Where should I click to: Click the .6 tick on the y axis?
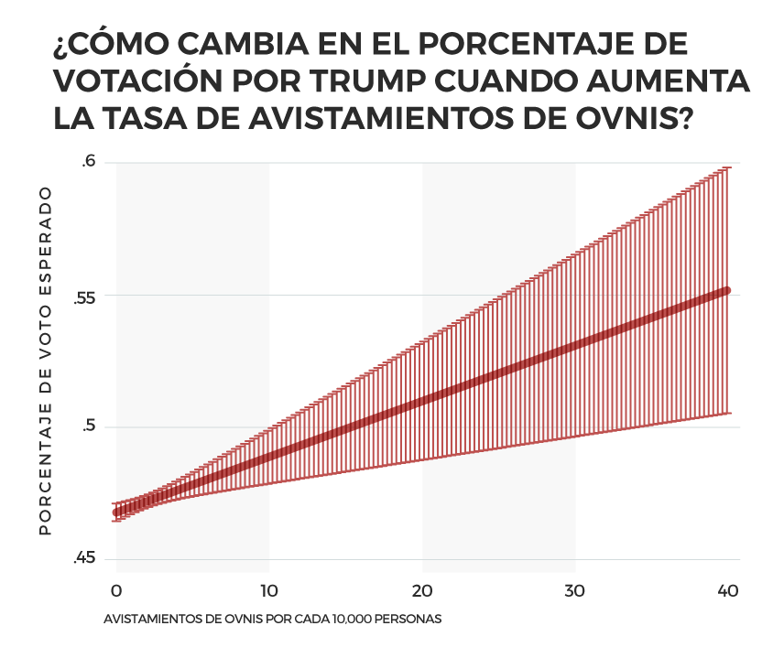88,162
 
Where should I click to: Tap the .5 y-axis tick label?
88,427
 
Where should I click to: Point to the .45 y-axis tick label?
84,559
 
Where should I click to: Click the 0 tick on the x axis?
116,590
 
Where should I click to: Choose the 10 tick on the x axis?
269,590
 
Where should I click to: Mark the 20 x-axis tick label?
422,590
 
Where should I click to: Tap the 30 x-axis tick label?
575,590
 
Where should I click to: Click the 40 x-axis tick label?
728,590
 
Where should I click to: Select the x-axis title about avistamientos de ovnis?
273,619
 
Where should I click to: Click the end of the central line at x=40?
728,290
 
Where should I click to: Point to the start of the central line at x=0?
116,512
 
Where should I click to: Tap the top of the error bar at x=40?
728,167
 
